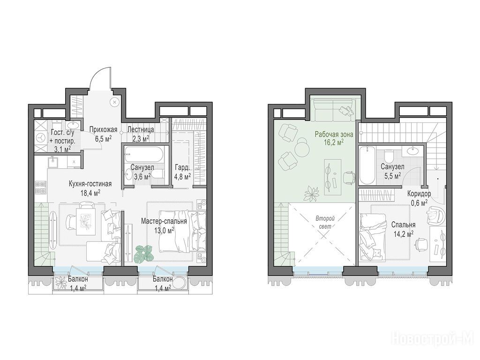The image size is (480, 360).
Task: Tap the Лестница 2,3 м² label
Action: (141, 134)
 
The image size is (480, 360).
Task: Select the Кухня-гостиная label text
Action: (90, 184)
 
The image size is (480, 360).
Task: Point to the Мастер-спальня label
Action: (164, 221)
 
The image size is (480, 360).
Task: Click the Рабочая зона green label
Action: (334, 134)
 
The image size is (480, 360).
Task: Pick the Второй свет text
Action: (325, 222)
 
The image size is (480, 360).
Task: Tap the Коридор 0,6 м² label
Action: (419, 198)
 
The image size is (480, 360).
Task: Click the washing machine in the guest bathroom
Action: (40, 138)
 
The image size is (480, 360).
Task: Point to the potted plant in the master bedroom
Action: (143, 253)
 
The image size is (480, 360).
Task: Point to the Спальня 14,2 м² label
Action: (403, 229)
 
